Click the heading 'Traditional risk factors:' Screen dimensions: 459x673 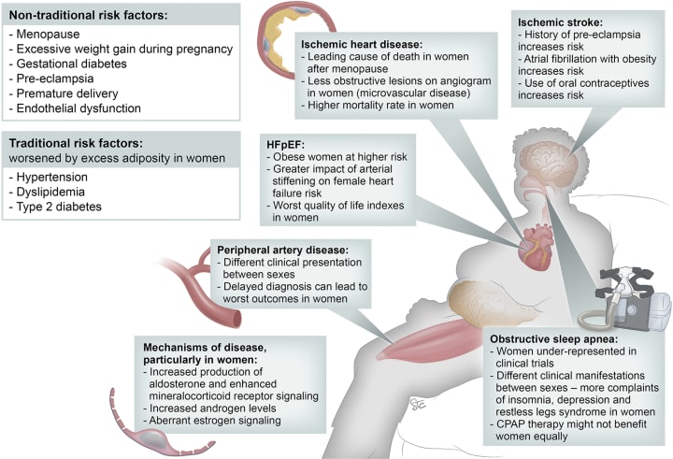82,144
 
